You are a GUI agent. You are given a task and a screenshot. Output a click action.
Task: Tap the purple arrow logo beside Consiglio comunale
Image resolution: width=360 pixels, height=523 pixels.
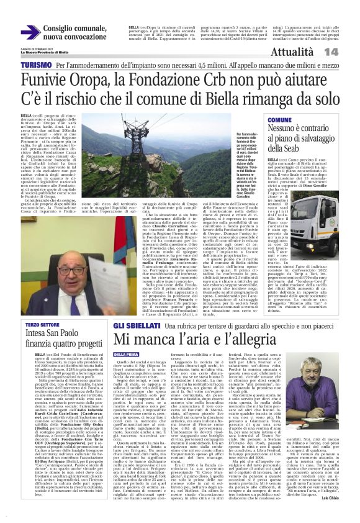point(30,32)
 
